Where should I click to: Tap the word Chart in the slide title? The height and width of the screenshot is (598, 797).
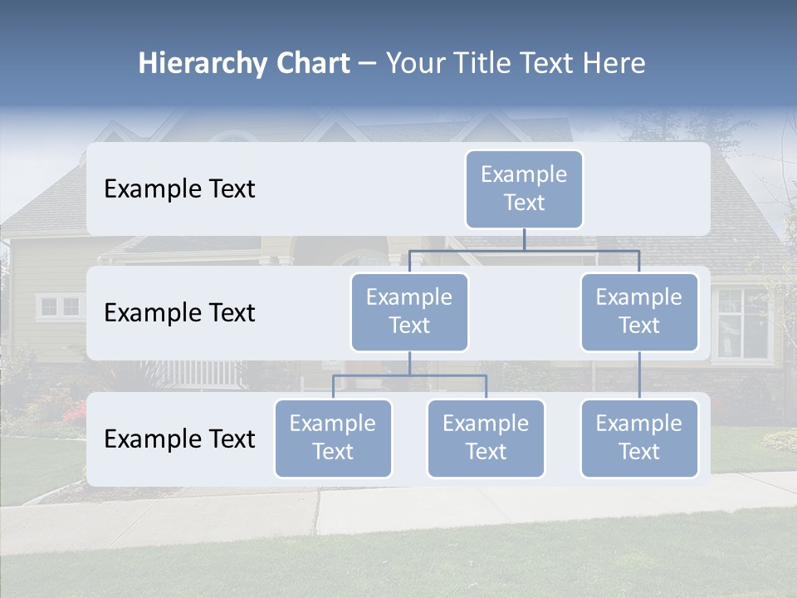(x=309, y=63)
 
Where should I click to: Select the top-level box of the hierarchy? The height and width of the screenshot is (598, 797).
(x=524, y=189)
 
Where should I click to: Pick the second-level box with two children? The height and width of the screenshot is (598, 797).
(x=409, y=312)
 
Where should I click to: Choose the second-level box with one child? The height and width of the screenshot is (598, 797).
(x=639, y=312)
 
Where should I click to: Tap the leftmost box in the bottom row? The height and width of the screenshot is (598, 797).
(x=333, y=439)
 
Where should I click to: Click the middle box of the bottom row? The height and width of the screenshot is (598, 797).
(x=486, y=439)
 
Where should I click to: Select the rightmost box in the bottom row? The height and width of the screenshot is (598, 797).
(x=639, y=439)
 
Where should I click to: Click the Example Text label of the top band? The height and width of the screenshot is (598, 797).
(x=179, y=189)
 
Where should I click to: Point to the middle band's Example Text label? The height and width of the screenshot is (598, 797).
(x=179, y=313)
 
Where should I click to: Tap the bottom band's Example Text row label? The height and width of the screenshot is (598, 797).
(x=179, y=439)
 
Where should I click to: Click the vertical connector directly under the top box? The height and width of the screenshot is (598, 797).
(x=524, y=239)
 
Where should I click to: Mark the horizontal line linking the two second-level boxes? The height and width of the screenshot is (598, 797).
(x=524, y=250)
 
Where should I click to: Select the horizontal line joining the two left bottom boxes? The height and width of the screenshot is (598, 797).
(x=409, y=375)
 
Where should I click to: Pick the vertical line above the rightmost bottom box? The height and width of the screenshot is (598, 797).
(x=639, y=375)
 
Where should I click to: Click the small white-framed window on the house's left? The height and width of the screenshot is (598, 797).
(x=60, y=306)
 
